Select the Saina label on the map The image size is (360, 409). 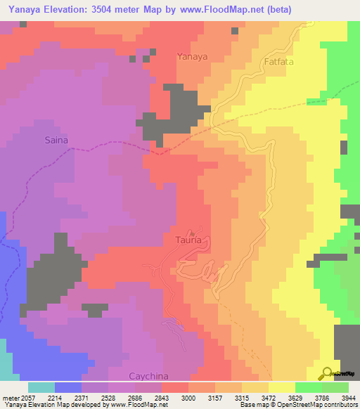click(56, 140)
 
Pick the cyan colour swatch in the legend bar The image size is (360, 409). click(41, 387)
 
